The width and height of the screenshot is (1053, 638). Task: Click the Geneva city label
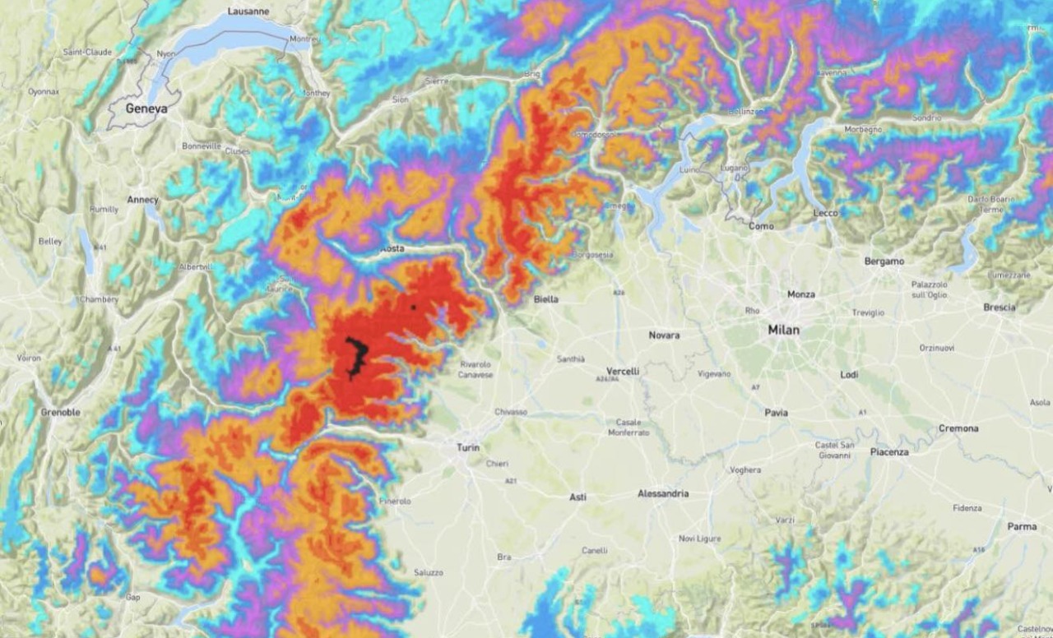point(146,109)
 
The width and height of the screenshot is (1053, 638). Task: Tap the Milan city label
point(783,330)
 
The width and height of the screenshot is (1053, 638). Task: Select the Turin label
point(468,448)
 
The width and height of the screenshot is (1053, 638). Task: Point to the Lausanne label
point(248,12)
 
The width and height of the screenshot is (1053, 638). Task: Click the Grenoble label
point(60,412)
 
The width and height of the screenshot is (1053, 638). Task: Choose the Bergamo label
point(884,261)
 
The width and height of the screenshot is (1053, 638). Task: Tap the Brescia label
point(999,307)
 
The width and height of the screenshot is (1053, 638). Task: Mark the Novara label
point(664,335)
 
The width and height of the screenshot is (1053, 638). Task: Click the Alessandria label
point(663,493)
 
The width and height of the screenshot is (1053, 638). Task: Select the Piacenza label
point(889,452)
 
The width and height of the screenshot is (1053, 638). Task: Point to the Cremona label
point(958,428)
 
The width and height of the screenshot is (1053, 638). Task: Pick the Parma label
point(1022,526)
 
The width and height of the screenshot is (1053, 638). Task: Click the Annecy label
point(142,200)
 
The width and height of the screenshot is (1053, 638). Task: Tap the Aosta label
point(392,248)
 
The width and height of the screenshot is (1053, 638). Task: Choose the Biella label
point(545,299)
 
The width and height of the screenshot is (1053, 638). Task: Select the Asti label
point(578,497)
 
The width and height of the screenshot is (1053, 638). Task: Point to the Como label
point(761,226)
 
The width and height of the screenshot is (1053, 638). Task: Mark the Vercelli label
point(622,372)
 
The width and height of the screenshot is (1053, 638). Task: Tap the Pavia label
point(776,413)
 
